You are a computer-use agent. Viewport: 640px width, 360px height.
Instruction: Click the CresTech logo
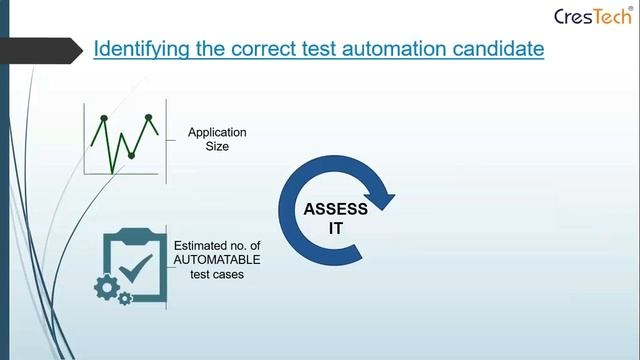click(591, 16)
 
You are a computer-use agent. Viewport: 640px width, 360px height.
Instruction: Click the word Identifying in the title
click(136, 48)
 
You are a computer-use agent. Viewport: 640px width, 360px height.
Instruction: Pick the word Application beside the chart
click(217, 132)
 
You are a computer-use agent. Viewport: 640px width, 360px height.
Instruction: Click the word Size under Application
click(217, 146)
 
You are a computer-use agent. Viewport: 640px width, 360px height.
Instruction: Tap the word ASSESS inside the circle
click(336, 209)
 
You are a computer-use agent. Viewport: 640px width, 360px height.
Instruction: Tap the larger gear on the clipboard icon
click(107, 287)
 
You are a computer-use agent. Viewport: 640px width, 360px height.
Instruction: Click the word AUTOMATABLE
click(217, 259)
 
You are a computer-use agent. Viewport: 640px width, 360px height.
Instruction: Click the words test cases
click(217, 273)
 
